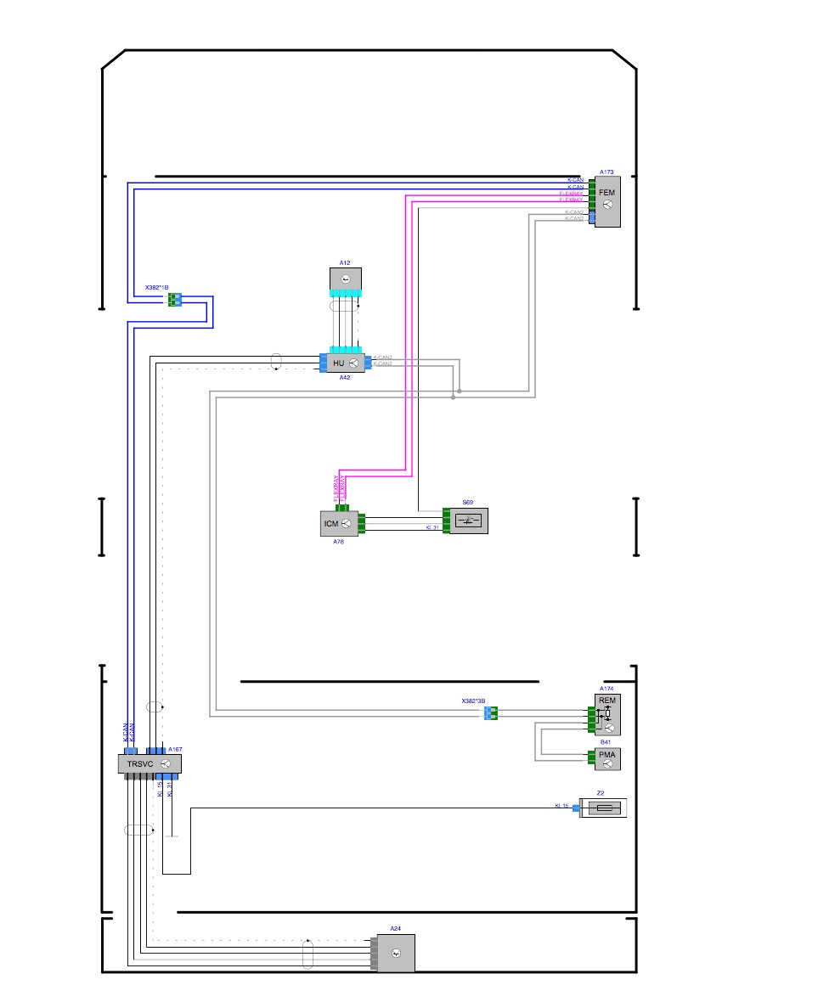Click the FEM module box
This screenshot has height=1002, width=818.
pyautogui.click(x=607, y=201)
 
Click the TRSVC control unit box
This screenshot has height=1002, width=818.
pyautogui.click(x=149, y=764)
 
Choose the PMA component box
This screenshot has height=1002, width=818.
pyautogui.click(x=607, y=760)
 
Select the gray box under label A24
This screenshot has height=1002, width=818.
pyautogui.click(x=395, y=953)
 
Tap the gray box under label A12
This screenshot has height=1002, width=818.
pyautogui.click(x=345, y=279)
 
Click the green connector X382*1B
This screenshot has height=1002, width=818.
pyautogui.click(x=174, y=299)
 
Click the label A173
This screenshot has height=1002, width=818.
pyautogui.click(x=606, y=172)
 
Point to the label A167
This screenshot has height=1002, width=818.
pyautogui.click(x=175, y=750)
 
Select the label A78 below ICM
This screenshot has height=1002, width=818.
pyautogui.click(x=337, y=541)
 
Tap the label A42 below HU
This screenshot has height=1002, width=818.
pyautogui.click(x=345, y=377)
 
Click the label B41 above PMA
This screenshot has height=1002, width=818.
pyautogui.click(x=606, y=742)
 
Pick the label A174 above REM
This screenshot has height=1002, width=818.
pyautogui.click(x=606, y=689)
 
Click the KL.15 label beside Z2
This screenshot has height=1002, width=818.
pyautogui.click(x=561, y=806)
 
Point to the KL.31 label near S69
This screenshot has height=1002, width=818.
pyautogui.click(x=432, y=528)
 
